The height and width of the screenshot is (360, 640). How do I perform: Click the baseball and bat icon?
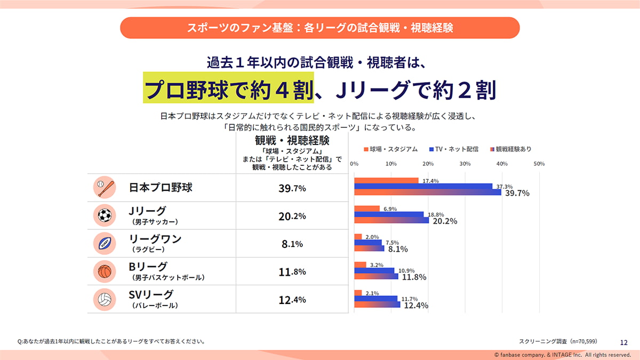104,188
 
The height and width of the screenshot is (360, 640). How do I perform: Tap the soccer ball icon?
104,215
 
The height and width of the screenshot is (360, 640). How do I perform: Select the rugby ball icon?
104,243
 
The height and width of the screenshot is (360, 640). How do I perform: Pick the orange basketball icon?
104,271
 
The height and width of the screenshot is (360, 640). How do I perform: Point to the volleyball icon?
104,299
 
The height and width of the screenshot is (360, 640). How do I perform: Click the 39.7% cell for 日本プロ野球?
292,188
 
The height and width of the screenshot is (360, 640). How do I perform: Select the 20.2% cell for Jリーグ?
292,216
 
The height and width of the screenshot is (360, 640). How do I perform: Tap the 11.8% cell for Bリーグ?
292,271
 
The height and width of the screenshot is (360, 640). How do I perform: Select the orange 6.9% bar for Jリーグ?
367,209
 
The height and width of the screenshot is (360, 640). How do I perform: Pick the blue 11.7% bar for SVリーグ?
375,299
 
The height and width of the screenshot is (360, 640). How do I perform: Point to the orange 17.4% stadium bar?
386,180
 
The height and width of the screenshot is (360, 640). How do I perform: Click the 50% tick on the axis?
539,164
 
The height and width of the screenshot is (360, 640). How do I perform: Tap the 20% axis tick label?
428,164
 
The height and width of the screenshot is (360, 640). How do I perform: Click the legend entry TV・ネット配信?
453,149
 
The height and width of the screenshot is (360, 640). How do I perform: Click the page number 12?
624,342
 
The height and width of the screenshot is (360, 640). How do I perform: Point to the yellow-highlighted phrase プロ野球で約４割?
228,89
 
